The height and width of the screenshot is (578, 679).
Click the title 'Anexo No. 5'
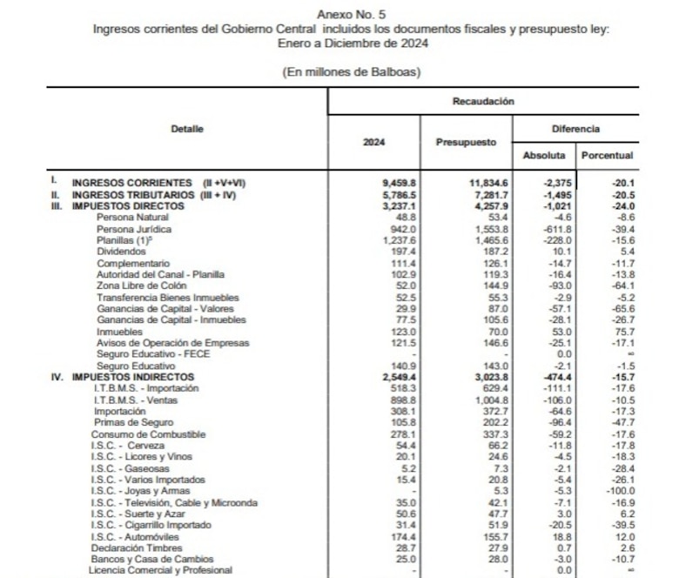352,15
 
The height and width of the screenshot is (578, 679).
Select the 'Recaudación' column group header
483,101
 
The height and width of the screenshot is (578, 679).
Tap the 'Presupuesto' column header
473,142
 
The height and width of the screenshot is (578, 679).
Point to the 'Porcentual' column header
607,155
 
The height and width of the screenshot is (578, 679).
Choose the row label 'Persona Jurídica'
133,229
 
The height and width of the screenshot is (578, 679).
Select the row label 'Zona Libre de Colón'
141,286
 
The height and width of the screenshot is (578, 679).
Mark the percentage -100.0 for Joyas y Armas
619,491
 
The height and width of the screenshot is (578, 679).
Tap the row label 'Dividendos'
123,252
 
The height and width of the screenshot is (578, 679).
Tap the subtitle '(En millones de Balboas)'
352,71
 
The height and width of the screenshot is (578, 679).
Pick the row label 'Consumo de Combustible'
149,434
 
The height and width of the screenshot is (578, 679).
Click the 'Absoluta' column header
544,155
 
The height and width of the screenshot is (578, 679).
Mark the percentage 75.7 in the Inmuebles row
621,332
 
